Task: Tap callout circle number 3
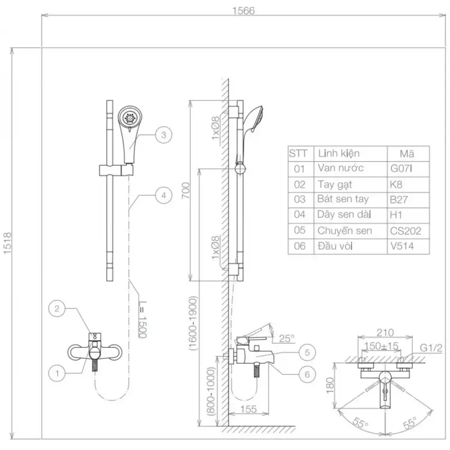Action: [x=163, y=134]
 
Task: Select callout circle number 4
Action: [x=163, y=196]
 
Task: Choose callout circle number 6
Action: [x=307, y=373]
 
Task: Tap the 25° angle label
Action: [x=287, y=338]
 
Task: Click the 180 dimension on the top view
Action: [x=331, y=384]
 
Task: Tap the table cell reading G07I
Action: [x=402, y=168]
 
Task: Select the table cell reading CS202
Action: [x=405, y=231]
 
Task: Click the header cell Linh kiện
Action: [x=339, y=153]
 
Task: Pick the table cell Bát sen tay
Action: [x=343, y=199]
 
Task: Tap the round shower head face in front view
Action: [x=130, y=118]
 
